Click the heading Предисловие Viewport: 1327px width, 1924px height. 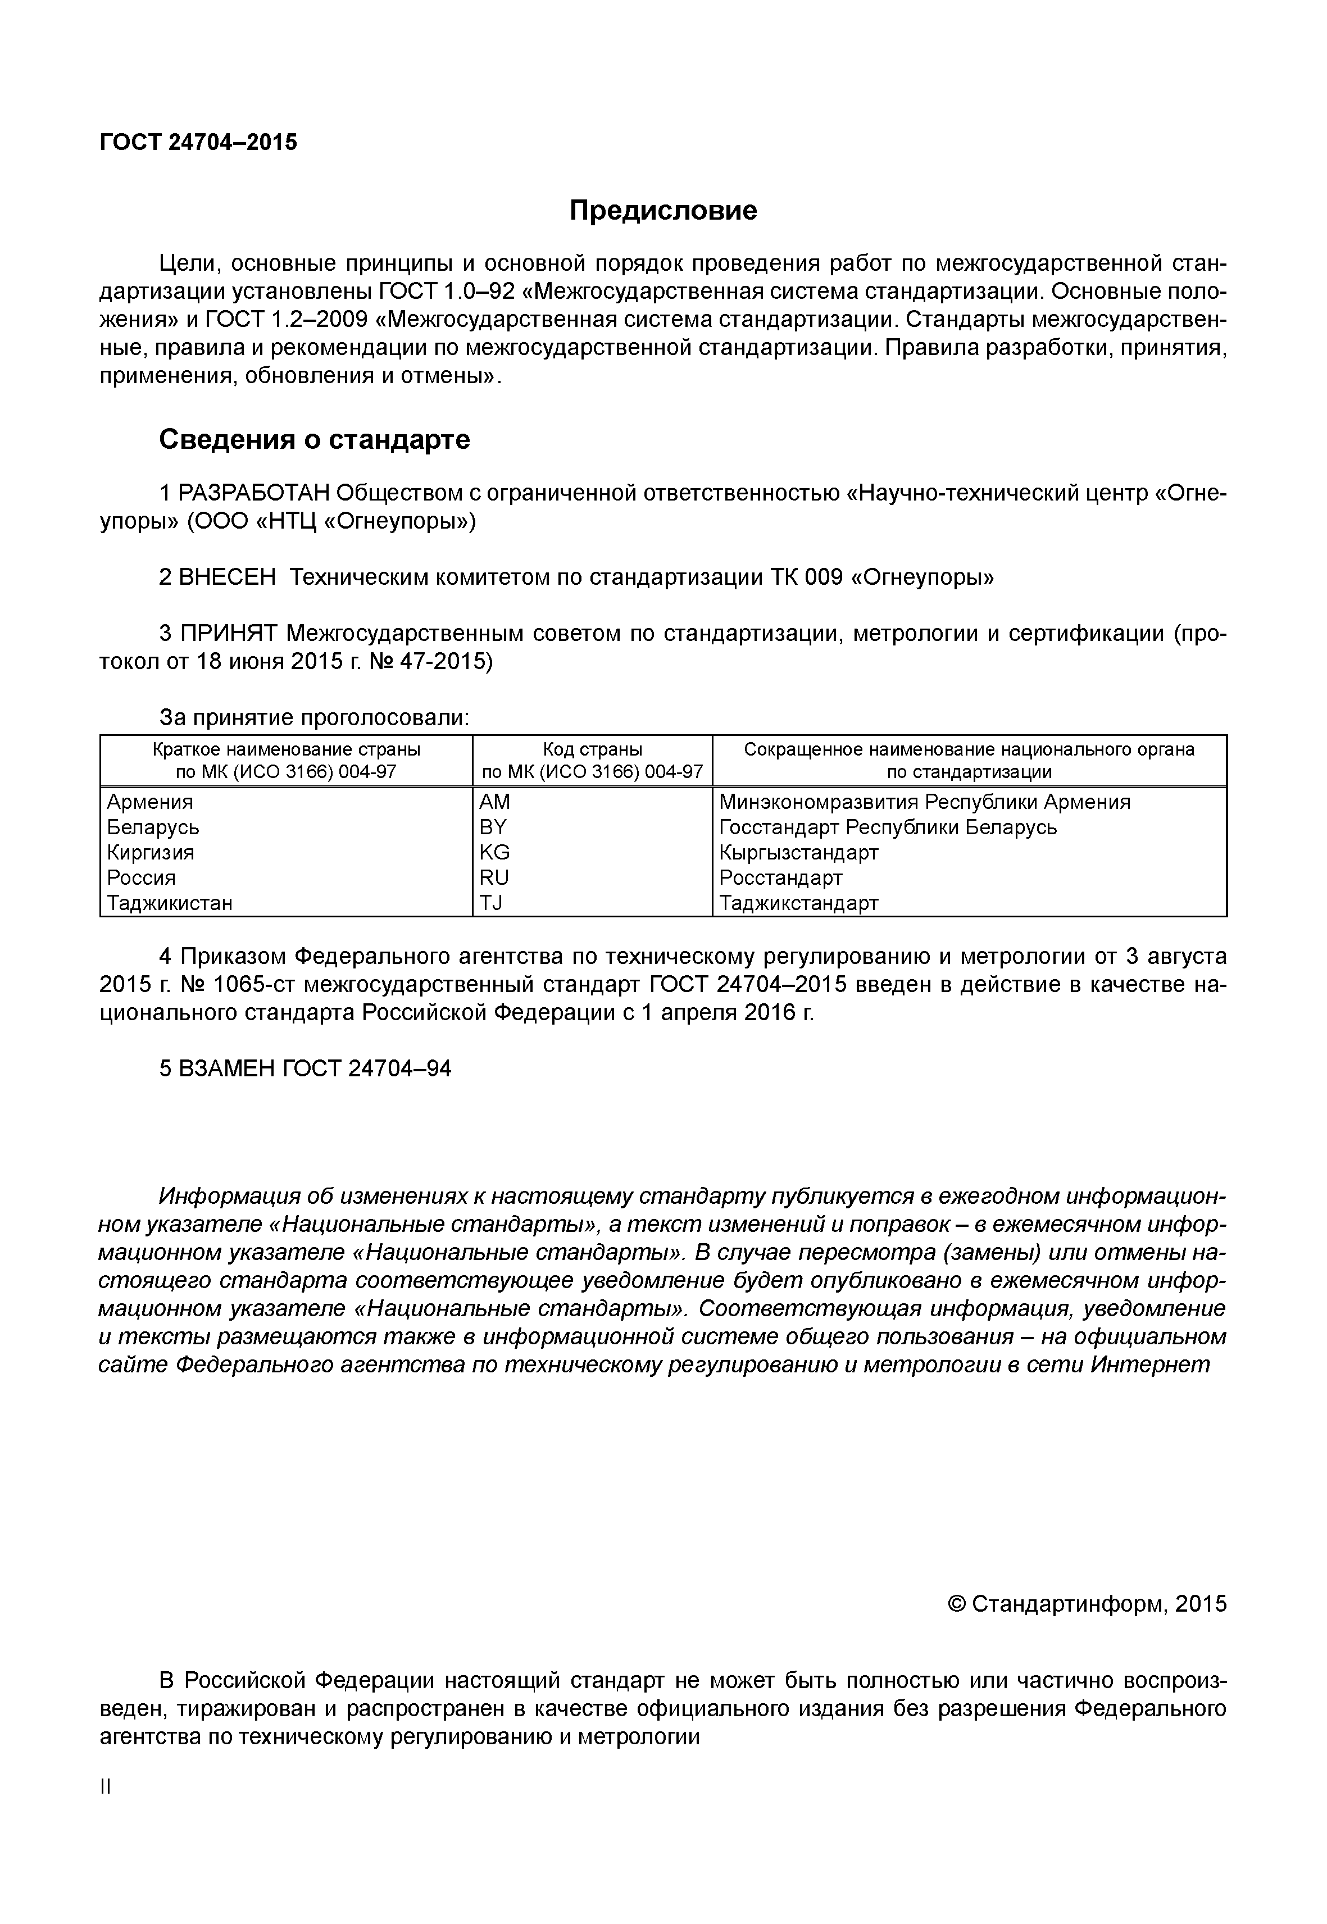coord(663,210)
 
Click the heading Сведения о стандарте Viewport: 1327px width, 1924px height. coord(314,439)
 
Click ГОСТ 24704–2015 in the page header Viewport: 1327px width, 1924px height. coord(198,142)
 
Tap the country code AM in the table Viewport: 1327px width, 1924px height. coord(495,802)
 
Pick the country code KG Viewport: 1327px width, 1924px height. coord(495,852)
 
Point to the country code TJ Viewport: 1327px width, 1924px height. coord(492,902)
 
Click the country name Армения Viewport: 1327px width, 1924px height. coord(149,802)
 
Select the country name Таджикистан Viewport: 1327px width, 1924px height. coord(170,902)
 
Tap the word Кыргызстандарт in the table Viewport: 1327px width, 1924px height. coord(798,852)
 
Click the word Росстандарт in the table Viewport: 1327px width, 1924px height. coord(781,877)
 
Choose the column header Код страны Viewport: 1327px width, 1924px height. coord(592,749)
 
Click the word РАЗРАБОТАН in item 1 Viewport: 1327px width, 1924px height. coord(255,493)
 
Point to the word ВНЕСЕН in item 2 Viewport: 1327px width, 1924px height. coord(227,577)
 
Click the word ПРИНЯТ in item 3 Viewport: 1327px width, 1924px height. coord(229,634)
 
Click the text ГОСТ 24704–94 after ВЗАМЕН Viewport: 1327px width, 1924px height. coord(367,1068)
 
